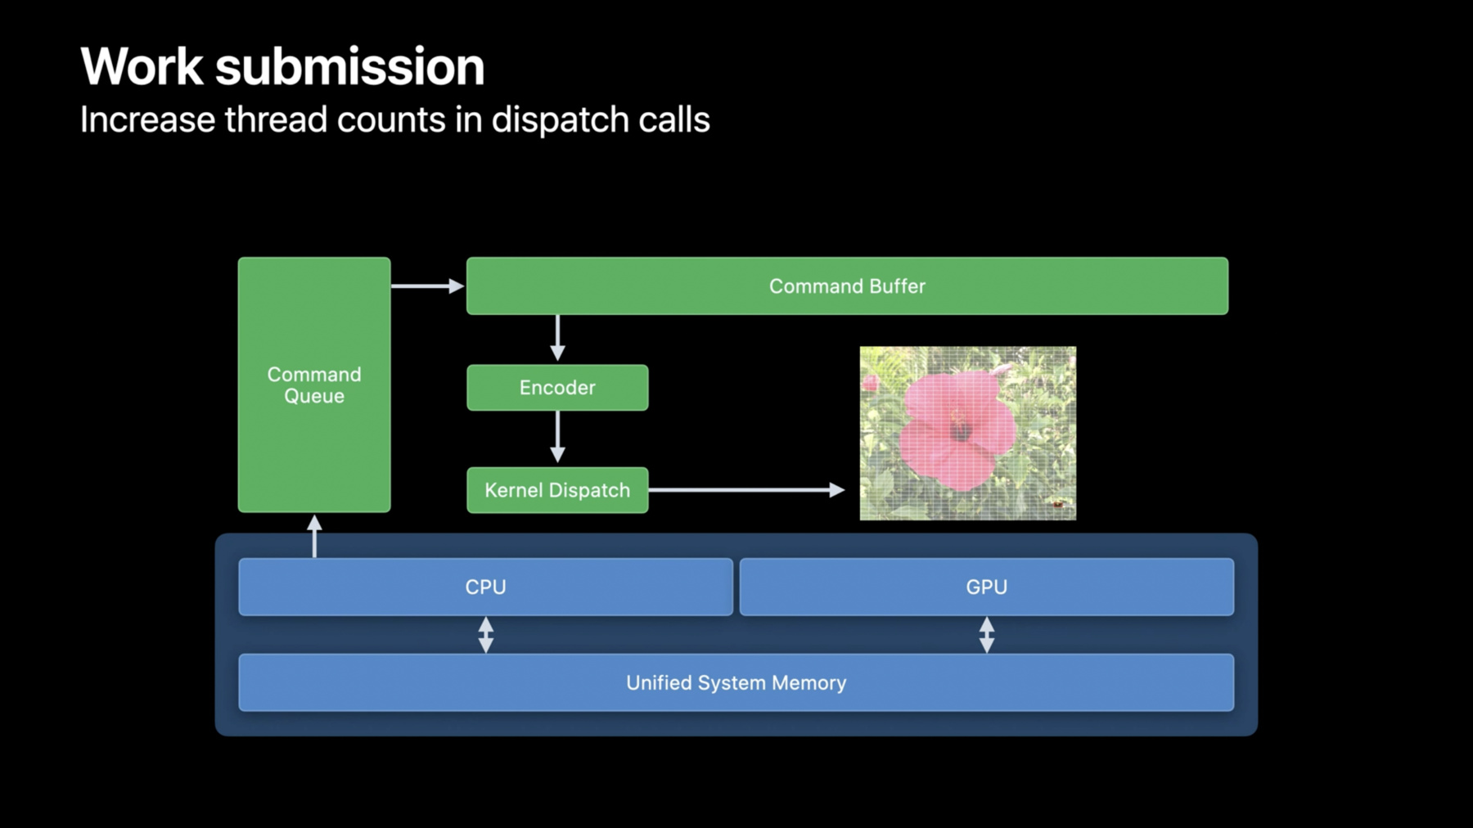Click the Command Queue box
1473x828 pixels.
(314, 385)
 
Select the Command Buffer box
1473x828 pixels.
(847, 286)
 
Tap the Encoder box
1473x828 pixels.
(557, 388)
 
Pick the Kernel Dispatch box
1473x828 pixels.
(557, 490)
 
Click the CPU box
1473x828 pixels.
(485, 587)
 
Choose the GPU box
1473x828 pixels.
(987, 587)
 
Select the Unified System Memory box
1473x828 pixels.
(736, 682)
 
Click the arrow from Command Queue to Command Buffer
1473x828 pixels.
(428, 286)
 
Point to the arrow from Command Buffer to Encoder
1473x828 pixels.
(557, 338)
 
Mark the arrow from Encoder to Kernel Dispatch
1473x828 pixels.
(557, 437)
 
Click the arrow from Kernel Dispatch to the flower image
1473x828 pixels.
(746, 490)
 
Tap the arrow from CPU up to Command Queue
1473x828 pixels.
(314, 536)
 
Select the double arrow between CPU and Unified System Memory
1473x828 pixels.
(485, 634)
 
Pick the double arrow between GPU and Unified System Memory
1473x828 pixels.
(987, 634)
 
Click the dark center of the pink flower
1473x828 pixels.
(961, 430)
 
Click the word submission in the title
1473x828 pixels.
(350, 66)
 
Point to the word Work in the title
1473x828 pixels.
(142, 66)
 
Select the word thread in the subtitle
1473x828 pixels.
(276, 119)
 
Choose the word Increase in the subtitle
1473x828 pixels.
(147, 119)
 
